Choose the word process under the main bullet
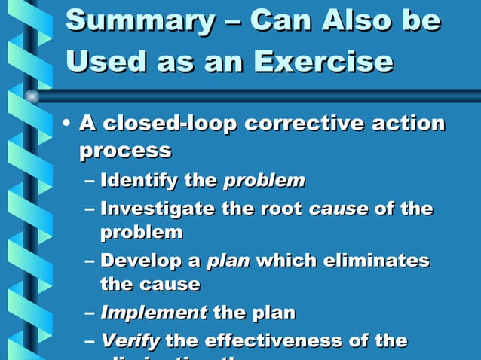[125, 150]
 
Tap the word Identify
[139, 181]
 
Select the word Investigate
[156, 209]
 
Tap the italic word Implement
[154, 312]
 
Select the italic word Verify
[130, 340]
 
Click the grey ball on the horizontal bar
[32, 96]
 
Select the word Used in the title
[103, 60]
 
